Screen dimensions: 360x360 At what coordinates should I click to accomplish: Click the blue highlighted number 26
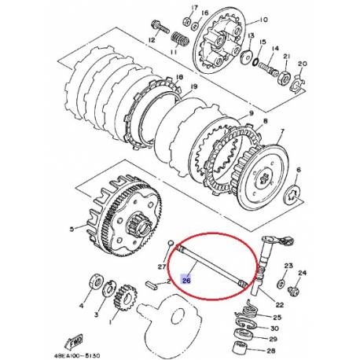coord(187,278)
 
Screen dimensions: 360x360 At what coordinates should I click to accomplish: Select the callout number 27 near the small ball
coord(162,266)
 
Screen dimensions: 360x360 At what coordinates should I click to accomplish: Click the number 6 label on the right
coord(298,169)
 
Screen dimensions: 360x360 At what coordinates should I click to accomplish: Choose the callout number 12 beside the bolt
coord(152,40)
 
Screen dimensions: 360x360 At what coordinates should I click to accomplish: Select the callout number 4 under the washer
coord(83,301)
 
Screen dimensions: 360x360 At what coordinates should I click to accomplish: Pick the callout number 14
coord(274,48)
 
